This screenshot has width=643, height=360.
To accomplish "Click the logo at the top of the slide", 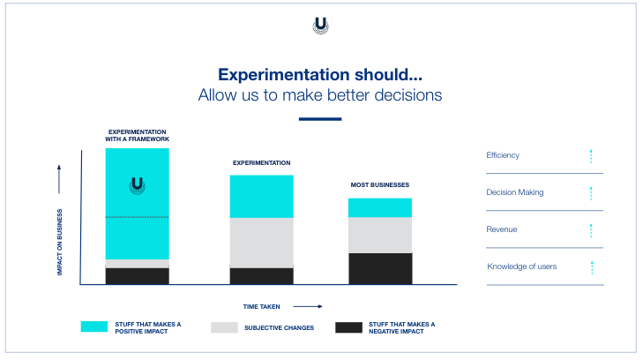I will [x=321, y=26].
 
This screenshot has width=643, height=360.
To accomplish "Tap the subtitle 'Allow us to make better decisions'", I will [x=320, y=94].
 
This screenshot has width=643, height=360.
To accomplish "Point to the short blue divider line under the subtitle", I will [x=320, y=118].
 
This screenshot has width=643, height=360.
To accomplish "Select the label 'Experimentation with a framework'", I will [x=137, y=135].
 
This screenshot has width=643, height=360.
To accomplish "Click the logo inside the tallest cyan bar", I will [x=137, y=185].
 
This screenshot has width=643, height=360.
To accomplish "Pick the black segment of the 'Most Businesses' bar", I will [x=379, y=268].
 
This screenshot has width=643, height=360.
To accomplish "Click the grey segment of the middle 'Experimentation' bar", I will [x=261, y=243].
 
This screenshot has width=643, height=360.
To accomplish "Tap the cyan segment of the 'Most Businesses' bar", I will [x=379, y=207].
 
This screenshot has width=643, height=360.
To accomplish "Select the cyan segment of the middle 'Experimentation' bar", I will [x=261, y=196].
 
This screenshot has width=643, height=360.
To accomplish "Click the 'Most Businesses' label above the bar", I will [x=379, y=185].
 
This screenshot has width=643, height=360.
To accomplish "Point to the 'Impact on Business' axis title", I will [x=60, y=241].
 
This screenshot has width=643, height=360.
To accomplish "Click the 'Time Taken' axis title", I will [x=262, y=306].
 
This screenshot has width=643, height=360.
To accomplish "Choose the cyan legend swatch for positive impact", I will [x=94, y=327].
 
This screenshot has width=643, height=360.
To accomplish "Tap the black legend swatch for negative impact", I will [x=348, y=327].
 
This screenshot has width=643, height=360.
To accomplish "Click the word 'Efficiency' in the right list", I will [x=503, y=155].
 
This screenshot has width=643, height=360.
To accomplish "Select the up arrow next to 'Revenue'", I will [x=591, y=230].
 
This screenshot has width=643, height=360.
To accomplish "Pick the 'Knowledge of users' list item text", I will [x=521, y=266].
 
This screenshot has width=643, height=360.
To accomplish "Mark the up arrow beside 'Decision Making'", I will [x=591, y=193].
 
